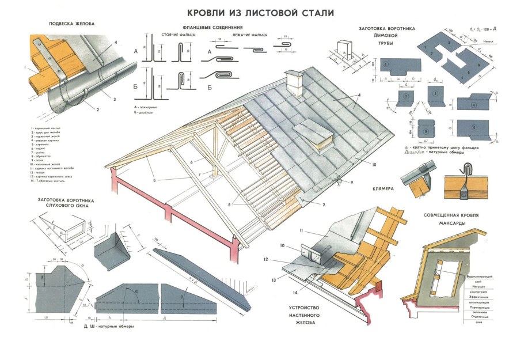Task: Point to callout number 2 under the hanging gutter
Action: [98, 109]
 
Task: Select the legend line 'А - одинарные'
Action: [146, 107]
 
